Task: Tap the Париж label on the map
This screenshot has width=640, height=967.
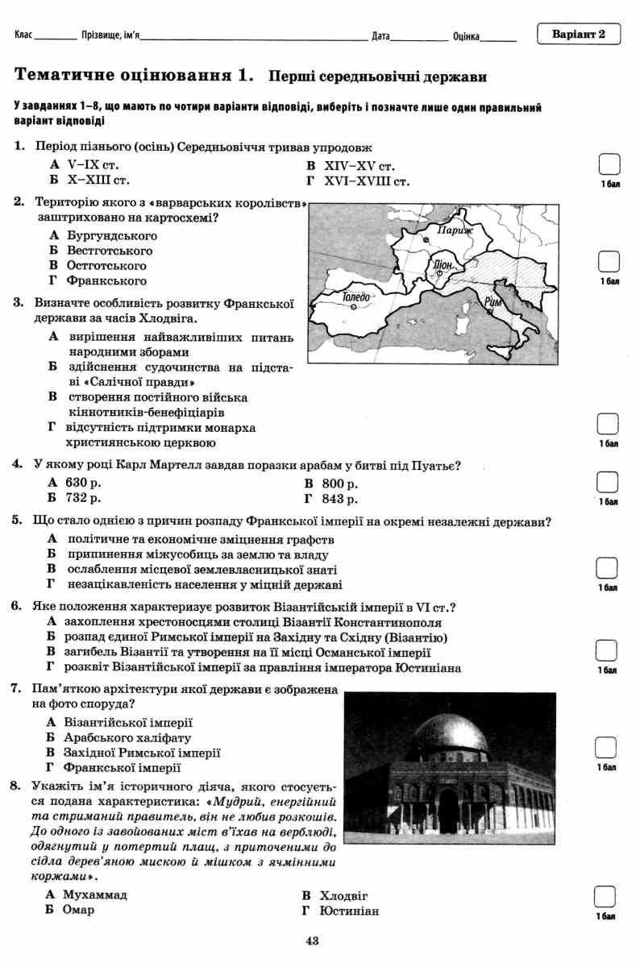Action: (453, 230)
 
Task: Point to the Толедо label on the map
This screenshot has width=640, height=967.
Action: (355, 297)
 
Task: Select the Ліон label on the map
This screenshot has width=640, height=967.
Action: (443, 264)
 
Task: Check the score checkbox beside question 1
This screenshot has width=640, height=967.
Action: (609, 165)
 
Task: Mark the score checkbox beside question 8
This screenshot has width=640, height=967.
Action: (605, 896)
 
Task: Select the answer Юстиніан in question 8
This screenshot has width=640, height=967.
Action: (348, 911)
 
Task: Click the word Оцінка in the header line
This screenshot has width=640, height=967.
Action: (467, 37)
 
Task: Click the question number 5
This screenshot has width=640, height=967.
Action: (17, 521)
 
